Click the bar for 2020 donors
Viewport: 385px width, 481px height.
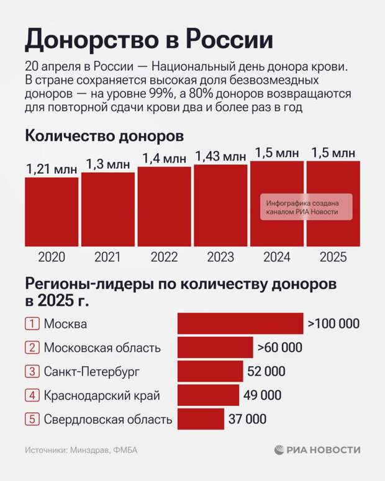point(52,212)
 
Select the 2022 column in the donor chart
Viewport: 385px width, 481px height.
point(164,207)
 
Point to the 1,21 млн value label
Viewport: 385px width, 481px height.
point(52,169)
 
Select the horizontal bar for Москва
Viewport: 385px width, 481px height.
point(240,324)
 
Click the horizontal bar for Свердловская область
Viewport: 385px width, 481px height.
point(201,419)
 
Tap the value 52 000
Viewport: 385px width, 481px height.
point(266,372)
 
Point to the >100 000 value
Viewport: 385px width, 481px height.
point(333,324)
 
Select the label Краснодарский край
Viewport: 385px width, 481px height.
point(102,395)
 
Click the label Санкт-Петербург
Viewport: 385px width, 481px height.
point(91,372)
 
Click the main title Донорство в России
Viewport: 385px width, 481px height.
point(149,40)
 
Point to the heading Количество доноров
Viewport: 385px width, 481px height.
point(104,135)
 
